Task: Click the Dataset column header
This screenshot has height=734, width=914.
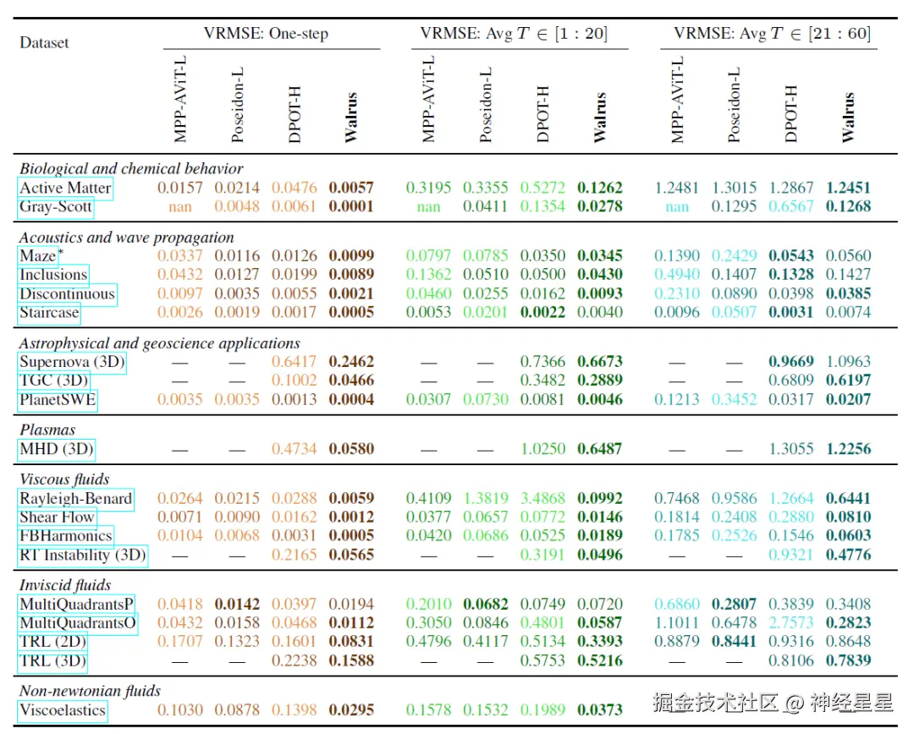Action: tap(44, 42)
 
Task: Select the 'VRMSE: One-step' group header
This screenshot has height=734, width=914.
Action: tap(266, 34)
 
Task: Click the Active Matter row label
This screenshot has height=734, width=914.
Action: tap(65, 188)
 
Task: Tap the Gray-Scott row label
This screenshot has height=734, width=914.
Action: tap(56, 206)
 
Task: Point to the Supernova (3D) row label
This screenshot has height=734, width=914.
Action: tap(72, 362)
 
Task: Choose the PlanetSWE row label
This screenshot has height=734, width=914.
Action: tap(58, 399)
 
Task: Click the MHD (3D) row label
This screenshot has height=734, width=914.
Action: tap(57, 449)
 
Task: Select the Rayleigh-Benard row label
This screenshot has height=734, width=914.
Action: tap(75, 499)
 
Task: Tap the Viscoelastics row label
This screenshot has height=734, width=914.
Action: tap(63, 710)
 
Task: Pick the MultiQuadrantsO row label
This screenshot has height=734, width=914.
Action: tap(77, 623)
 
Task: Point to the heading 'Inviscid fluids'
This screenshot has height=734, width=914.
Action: tap(65, 585)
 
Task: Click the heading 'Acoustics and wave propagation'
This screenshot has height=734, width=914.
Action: tap(127, 238)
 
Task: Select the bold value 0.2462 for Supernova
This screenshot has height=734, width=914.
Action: tap(351, 362)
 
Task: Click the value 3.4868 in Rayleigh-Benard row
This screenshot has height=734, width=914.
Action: tap(542, 499)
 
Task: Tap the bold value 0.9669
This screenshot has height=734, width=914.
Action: tap(791, 362)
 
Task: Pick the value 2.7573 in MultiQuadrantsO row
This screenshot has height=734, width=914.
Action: tap(791, 623)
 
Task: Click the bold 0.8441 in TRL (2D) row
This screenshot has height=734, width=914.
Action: tap(734, 642)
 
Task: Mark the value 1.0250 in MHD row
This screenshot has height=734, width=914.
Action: tap(542, 449)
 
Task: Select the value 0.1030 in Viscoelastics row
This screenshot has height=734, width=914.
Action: tap(180, 710)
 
